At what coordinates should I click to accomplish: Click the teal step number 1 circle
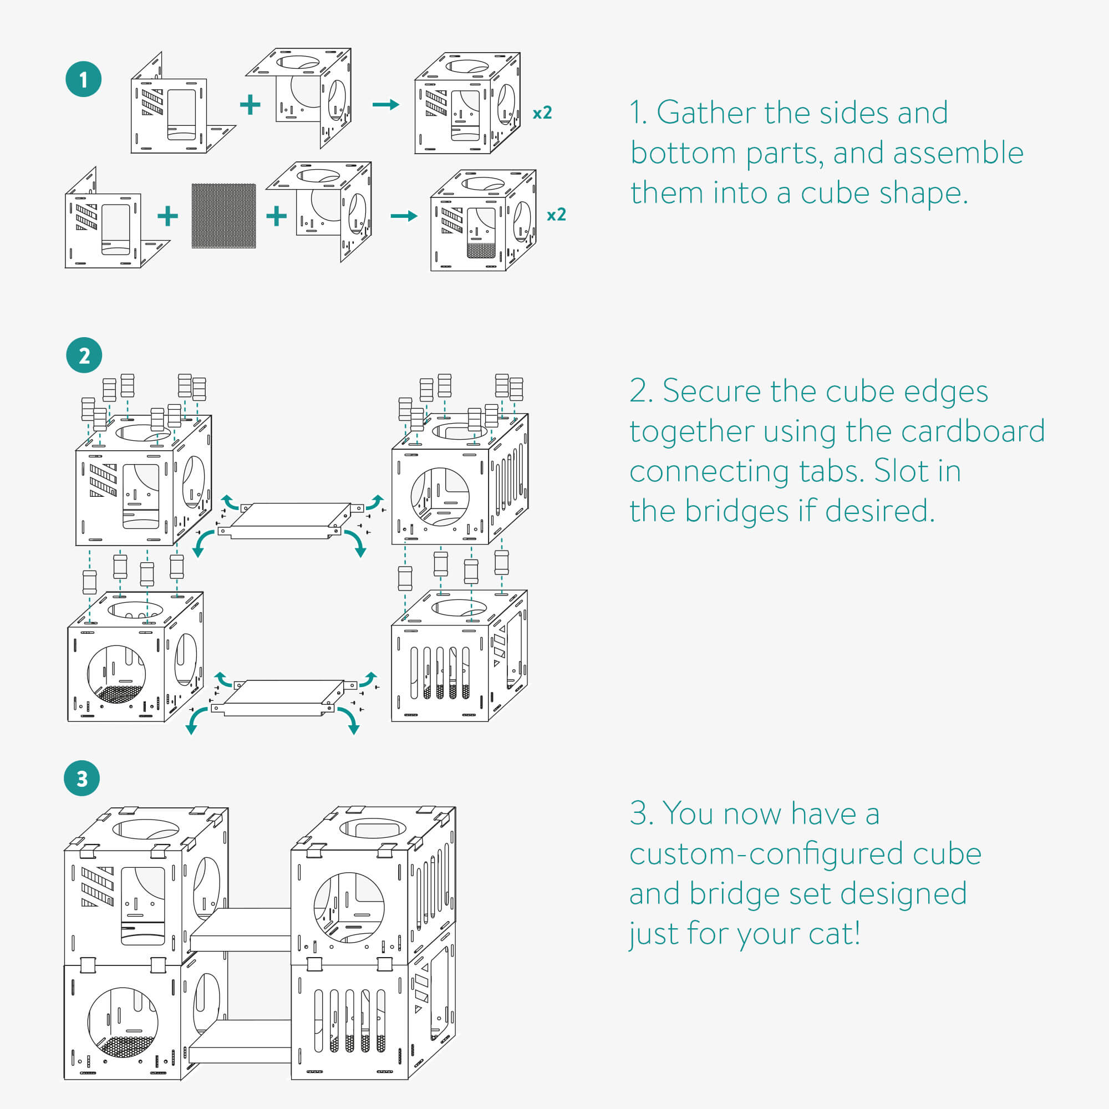pos(83,79)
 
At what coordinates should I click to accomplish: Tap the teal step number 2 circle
pos(84,355)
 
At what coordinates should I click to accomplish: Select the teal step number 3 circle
pos(82,779)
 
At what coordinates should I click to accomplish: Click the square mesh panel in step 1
pos(223,216)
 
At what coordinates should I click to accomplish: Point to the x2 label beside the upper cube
pos(542,113)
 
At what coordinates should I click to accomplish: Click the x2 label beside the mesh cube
pos(556,215)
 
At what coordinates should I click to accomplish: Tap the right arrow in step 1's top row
pos(385,104)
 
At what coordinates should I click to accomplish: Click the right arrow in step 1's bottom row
pos(404,216)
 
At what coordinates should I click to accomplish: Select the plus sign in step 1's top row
pos(250,104)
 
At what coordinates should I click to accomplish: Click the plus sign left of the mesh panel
pos(167,216)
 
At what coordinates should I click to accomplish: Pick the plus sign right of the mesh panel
pos(276,216)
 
